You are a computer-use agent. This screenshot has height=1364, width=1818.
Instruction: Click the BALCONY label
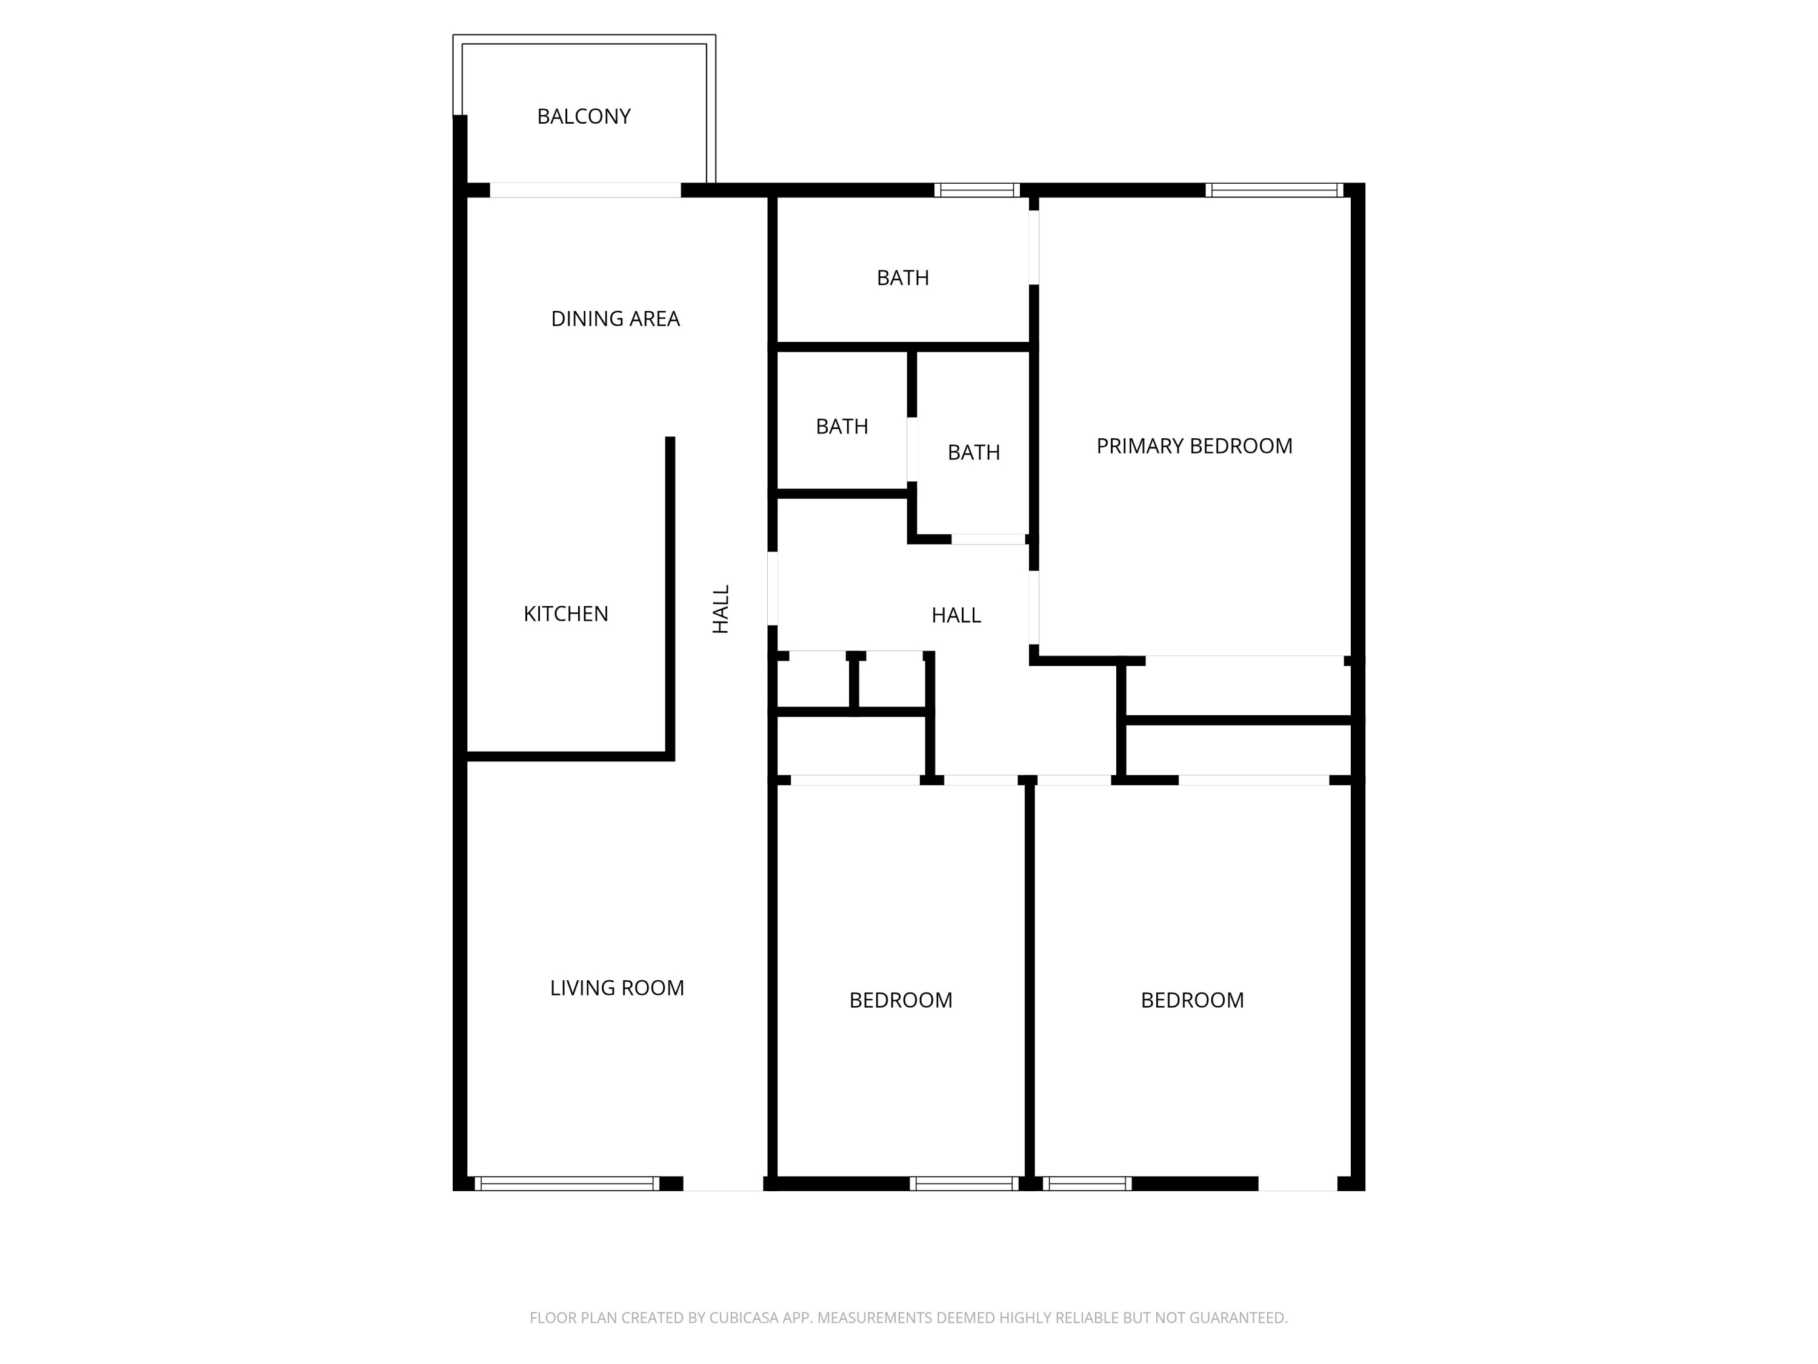coord(584,117)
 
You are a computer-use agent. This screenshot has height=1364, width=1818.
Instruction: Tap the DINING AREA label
coord(614,319)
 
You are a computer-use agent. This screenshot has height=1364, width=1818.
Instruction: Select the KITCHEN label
coord(565,614)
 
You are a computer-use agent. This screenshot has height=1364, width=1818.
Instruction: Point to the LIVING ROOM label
coord(616,988)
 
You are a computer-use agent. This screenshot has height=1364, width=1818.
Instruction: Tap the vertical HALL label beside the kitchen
coord(721,609)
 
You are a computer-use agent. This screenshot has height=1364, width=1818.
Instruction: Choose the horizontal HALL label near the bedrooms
coord(956,616)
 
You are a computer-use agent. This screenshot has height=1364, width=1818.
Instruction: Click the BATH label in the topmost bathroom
coord(902,278)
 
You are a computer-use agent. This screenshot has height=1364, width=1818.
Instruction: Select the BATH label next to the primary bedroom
coord(973,452)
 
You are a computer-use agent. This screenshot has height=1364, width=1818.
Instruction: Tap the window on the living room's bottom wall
coord(567,1184)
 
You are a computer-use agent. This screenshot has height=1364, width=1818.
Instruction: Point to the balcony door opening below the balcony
coord(585,190)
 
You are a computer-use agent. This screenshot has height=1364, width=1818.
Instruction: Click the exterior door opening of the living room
coord(723,1184)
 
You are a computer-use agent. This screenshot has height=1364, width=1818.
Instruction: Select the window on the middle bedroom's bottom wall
coord(964,1184)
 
